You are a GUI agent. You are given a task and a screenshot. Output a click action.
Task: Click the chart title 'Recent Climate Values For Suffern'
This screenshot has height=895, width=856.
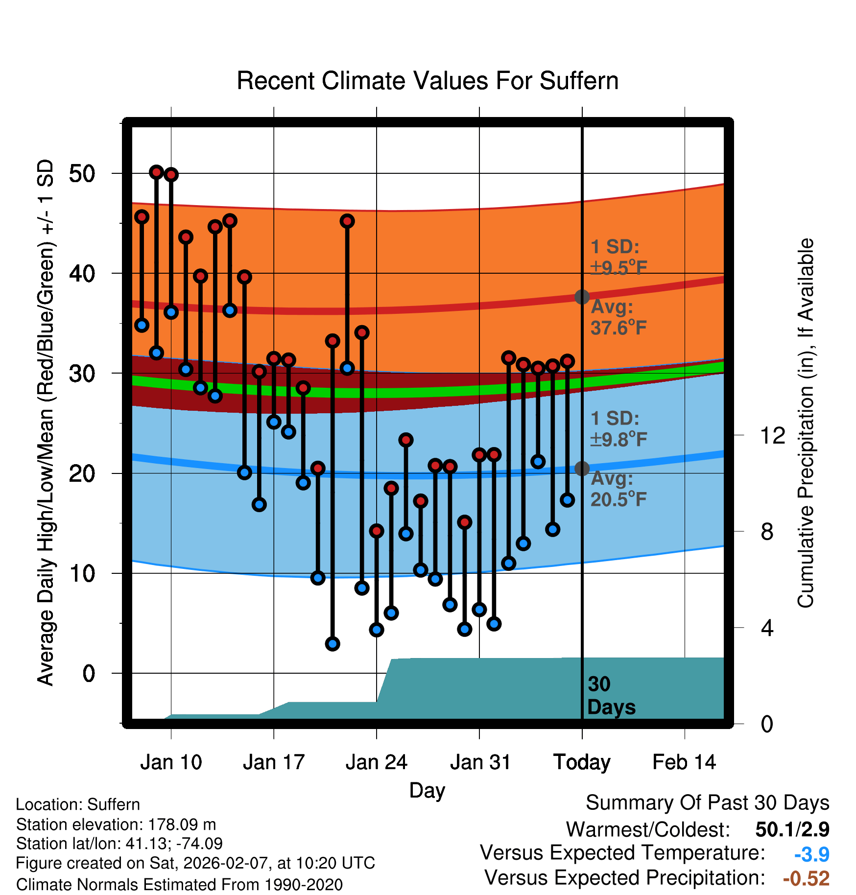[x=428, y=81]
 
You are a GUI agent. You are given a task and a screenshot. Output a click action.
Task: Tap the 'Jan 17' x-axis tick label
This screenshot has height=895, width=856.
[x=274, y=762]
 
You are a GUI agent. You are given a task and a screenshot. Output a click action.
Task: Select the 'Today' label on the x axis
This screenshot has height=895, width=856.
[x=582, y=762]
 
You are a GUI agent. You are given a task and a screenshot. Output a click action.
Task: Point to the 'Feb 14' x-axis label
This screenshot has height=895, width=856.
[x=684, y=762]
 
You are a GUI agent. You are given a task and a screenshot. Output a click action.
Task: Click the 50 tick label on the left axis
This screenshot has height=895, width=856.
[x=82, y=174]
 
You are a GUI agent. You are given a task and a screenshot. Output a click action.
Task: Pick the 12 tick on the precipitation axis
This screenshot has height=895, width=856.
[x=772, y=435]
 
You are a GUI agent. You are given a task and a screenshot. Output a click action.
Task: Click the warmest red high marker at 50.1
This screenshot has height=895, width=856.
[x=156, y=172]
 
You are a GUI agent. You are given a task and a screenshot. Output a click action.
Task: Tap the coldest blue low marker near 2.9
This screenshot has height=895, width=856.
[x=333, y=644]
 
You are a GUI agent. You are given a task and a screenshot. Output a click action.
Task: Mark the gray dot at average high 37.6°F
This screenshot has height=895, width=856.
[x=582, y=297]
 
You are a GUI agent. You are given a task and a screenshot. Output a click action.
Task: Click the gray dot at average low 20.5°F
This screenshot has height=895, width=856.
[x=582, y=469]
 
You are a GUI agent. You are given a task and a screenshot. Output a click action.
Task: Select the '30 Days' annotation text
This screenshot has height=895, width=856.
[x=611, y=696]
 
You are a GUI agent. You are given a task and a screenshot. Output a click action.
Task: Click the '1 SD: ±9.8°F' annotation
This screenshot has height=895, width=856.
[x=618, y=429]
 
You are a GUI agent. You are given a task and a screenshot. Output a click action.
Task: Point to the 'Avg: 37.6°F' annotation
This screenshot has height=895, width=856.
[x=618, y=317]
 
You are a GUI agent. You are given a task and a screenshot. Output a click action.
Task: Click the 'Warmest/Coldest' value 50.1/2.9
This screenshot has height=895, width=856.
[x=792, y=829]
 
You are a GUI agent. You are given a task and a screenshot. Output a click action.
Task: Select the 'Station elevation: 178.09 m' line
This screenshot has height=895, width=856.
[x=116, y=824]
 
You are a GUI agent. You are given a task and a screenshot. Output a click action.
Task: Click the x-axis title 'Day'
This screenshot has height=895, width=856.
[x=427, y=790]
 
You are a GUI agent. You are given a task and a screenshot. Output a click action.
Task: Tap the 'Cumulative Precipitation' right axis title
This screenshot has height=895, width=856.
[x=806, y=423]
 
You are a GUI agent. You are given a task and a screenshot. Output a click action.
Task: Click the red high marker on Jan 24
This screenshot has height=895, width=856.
[x=377, y=531]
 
